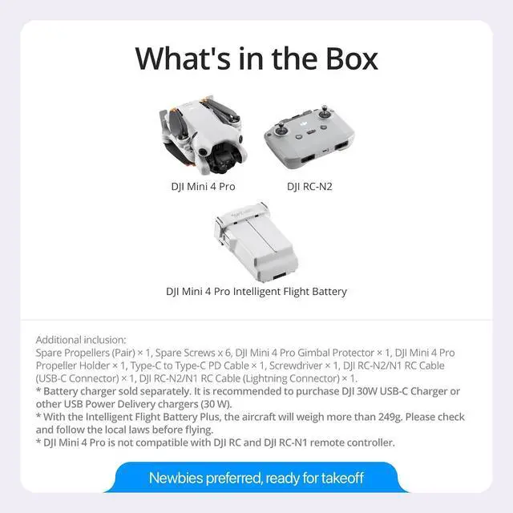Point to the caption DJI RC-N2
coord(309,187)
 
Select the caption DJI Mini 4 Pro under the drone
coord(204,187)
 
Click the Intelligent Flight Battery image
coord(256,240)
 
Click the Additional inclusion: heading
coord(81,340)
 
